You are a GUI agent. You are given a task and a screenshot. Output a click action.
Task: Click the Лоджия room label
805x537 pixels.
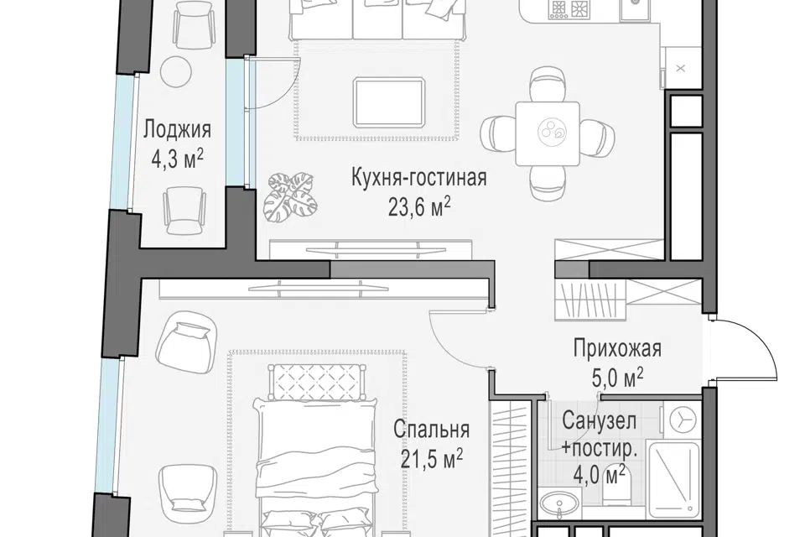coord(177,130)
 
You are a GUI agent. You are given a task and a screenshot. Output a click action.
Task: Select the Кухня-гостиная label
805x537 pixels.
coord(419,178)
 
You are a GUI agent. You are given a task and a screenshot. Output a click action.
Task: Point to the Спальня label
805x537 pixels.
coord(431,429)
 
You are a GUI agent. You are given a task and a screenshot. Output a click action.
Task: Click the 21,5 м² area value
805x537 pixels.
coord(431,459)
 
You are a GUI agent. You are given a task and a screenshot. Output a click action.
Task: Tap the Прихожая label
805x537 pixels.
coord(618,348)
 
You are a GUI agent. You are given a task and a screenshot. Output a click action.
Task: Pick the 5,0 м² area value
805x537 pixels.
coord(618,378)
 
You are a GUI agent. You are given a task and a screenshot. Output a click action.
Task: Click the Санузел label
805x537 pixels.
coord(599,421)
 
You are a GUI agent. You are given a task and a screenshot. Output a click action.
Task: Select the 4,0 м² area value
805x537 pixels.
coord(599,475)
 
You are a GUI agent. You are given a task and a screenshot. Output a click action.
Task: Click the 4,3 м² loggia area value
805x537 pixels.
coord(177,159)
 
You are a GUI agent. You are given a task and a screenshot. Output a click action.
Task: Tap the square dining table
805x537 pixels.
coord(548,133)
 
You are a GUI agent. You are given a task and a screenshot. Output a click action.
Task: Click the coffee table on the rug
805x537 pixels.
coord(389,102)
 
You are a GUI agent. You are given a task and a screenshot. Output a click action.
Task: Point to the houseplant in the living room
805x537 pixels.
coord(290,198)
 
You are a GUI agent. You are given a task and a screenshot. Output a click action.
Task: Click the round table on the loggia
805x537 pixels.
coord(175,72)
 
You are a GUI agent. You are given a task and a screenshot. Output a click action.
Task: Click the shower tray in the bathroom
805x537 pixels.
coord(674,479)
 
